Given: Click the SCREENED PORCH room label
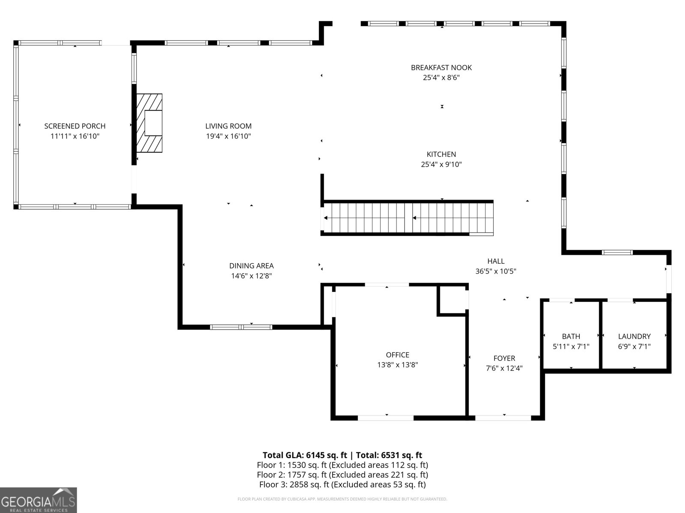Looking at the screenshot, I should point(75,126).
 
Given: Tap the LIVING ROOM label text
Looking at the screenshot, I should point(228,126).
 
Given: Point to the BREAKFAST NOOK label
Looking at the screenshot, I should point(441,68).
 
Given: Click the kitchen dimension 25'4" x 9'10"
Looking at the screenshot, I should point(441,164).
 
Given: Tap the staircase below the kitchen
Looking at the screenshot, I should point(407,218).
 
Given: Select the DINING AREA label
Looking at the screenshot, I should point(251,266).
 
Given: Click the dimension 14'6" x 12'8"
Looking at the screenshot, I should point(251,276).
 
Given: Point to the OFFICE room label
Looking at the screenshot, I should point(397,355).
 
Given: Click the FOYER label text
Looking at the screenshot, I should point(504,358).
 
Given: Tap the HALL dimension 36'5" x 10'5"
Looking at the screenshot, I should point(496,271).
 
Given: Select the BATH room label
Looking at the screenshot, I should point(571,336).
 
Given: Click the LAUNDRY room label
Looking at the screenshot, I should point(634,336).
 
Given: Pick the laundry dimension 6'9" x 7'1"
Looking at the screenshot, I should point(634,347).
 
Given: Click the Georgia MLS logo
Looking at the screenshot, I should point(39,500).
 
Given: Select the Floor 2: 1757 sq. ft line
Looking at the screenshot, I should point(342,475).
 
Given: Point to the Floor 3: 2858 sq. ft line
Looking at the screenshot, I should point(342,484).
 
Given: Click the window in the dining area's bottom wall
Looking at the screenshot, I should point(241,327).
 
